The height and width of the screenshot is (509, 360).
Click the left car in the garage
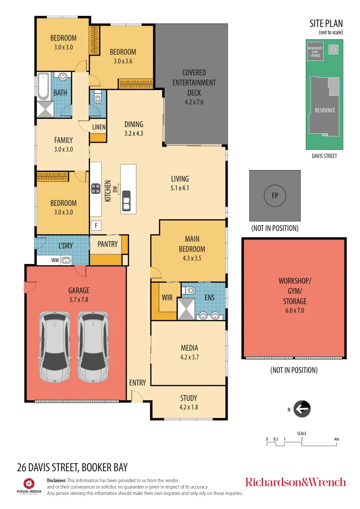tap(55, 348)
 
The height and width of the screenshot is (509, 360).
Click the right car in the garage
tap(93, 348)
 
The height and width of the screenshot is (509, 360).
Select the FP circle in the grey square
tap(275, 196)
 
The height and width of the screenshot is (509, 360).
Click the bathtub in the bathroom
tap(44, 86)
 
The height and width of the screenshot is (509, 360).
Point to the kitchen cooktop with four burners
tap(96, 189)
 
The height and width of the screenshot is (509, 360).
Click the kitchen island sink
tap(126, 201)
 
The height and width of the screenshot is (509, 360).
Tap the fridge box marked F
tap(96, 225)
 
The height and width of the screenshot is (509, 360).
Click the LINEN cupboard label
tap(98, 127)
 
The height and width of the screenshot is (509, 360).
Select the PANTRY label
tap(107, 244)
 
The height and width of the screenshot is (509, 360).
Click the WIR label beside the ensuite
tap(167, 297)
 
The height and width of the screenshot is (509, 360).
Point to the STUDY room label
tap(188, 398)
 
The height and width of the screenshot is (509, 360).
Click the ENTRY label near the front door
tap(138, 383)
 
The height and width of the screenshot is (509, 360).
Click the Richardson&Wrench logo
tap(295, 482)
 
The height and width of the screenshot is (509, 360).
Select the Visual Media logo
tap(29, 485)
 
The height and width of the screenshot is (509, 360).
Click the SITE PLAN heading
tap(326, 23)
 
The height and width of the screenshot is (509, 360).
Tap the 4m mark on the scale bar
tap(336, 439)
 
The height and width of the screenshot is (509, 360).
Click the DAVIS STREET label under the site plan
tap(324, 156)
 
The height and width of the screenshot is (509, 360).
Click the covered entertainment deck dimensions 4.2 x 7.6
tap(194, 102)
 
